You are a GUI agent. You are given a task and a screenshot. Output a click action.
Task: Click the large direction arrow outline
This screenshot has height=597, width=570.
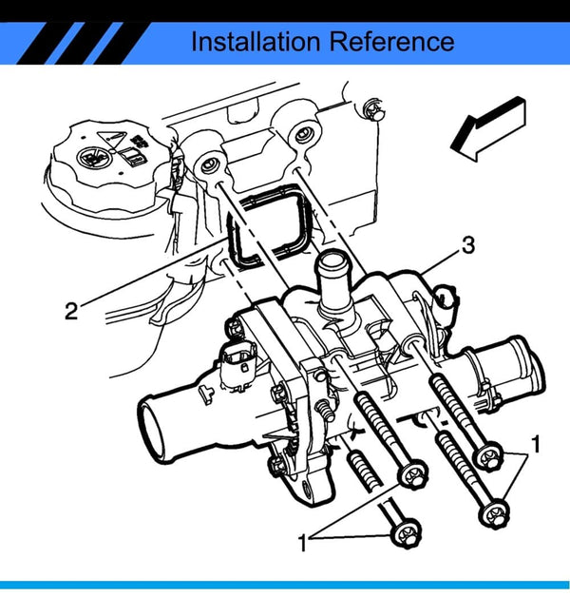[488, 128]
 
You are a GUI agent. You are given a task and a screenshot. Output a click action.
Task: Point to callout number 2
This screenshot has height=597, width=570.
[70, 311]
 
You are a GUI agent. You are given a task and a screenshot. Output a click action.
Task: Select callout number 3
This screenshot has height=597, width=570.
[467, 245]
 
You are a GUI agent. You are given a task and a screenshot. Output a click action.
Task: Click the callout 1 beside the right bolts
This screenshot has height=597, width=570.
[537, 444]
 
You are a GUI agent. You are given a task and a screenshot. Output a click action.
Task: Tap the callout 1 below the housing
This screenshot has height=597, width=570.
[303, 544]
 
